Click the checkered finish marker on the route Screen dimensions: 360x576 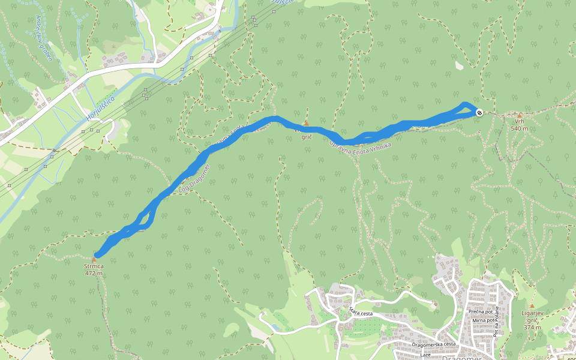click(479, 112)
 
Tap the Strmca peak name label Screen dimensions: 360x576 click(94, 266)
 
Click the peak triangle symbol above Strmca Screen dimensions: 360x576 click(94, 259)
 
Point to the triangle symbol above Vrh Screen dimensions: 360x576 click(520, 115)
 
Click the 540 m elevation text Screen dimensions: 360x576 click(520, 128)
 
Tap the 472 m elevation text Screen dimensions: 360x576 click(94, 274)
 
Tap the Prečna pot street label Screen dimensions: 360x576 click(481, 312)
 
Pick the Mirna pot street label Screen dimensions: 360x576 click(482, 320)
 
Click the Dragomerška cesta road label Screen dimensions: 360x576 click(434, 344)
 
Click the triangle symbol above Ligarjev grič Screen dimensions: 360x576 click(532, 306)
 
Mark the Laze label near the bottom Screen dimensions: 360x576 click(425, 355)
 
